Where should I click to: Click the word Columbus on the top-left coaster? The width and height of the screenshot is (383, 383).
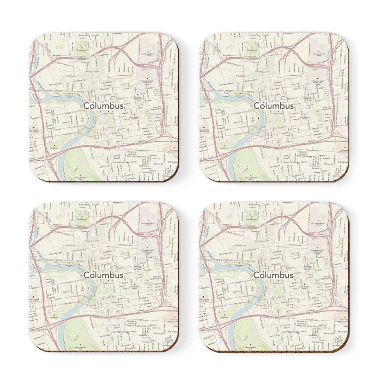point(103,105)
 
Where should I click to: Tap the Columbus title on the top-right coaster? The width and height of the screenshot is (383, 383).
point(273,105)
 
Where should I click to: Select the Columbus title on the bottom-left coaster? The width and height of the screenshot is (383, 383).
point(103,275)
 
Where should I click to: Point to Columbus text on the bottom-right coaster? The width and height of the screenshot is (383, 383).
point(273,275)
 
